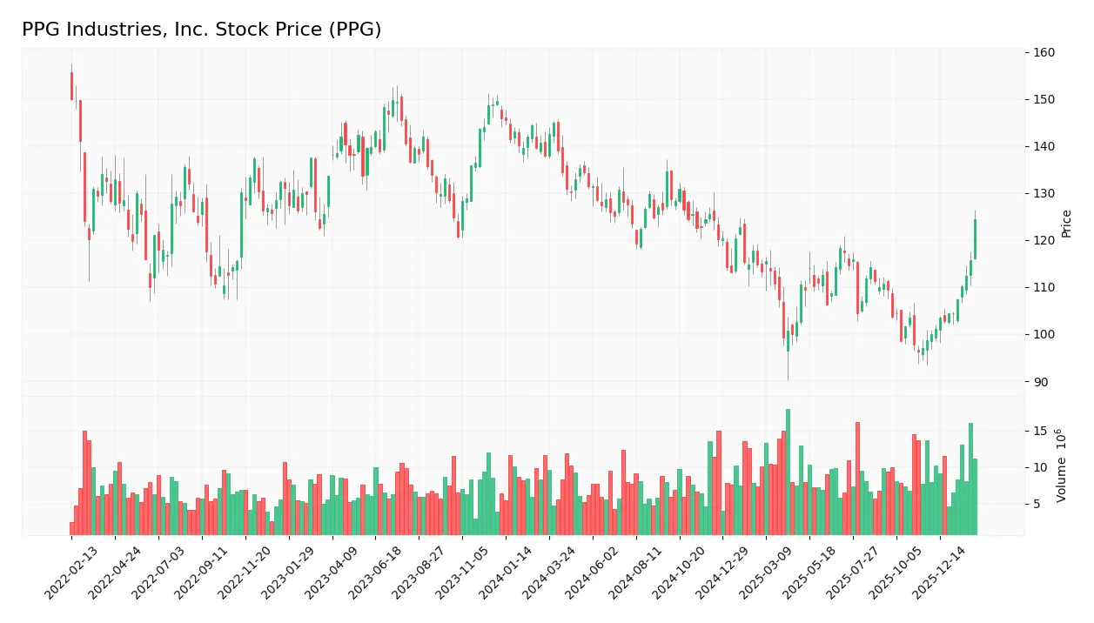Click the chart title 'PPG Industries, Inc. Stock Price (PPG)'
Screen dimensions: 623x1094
[201, 30]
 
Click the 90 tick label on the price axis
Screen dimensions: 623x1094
[1040, 382]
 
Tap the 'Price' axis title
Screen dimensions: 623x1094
[1066, 224]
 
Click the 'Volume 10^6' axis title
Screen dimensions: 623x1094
[1062, 466]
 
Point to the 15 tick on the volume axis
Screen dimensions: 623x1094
[1040, 431]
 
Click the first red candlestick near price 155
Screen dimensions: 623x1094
[71, 86]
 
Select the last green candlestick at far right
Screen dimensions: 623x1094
[975, 239]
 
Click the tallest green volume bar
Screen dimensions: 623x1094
[788, 472]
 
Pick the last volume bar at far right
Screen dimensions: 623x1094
[975, 496]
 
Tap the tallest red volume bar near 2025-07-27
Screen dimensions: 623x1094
[857, 479]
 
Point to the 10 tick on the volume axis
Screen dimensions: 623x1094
[1040, 468]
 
